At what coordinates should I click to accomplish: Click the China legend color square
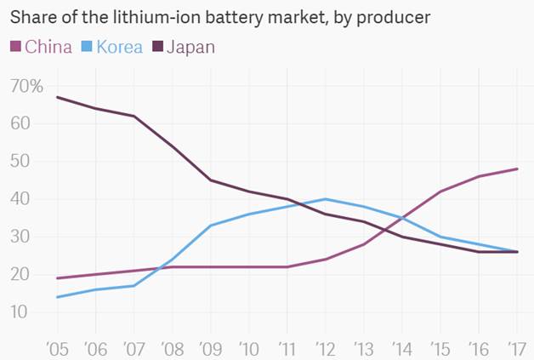point(15,46)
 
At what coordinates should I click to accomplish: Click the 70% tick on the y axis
point(26,86)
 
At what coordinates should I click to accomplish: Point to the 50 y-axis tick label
point(20,162)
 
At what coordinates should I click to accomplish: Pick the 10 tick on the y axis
point(20,312)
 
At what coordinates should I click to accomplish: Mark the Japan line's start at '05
point(57,97)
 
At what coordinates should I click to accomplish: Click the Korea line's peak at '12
point(326,199)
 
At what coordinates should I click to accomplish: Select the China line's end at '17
point(517,169)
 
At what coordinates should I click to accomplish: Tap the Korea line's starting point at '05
point(57,297)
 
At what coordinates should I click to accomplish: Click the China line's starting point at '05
point(57,278)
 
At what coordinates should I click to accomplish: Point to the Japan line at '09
point(210,180)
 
